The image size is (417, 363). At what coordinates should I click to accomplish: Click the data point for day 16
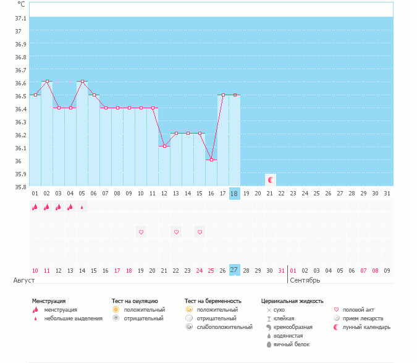tap(211, 160)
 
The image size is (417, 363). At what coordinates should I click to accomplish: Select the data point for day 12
tap(164, 146)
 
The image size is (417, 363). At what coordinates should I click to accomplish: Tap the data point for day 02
tap(47, 81)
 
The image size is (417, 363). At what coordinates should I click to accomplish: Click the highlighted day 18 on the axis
tap(234, 193)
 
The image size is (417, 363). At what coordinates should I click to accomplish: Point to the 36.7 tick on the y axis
tap(20, 70)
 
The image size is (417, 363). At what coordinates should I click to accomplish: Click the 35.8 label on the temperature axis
tap(20, 187)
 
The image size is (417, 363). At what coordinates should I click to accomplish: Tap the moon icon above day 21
tap(270, 179)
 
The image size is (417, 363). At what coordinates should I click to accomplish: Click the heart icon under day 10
tap(141, 232)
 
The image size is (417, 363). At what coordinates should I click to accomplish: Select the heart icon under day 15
tap(200, 232)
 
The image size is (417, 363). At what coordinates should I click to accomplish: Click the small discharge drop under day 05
tap(82, 207)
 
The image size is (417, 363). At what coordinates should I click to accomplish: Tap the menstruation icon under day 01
tap(35, 207)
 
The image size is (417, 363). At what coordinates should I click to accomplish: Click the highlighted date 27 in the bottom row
tap(234, 270)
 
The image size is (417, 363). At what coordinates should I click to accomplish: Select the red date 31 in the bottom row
tap(282, 270)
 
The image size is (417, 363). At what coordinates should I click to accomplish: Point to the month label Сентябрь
tap(305, 280)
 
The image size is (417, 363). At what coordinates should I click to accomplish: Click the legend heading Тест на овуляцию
tap(135, 301)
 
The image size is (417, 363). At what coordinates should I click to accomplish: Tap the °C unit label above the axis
tap(21, 4)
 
